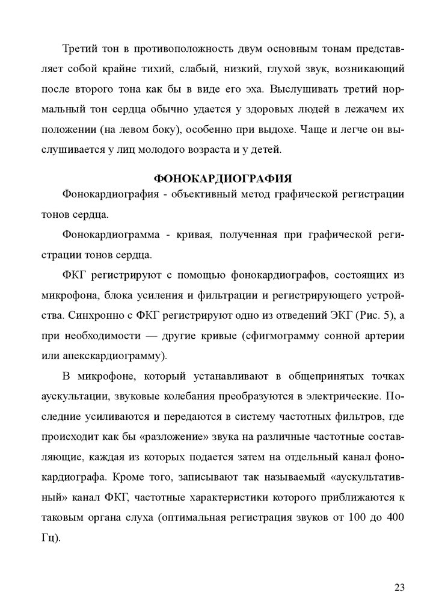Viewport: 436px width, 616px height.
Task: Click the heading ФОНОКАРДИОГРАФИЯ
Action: coord(223,179)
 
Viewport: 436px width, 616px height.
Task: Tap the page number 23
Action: coord(399,587)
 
